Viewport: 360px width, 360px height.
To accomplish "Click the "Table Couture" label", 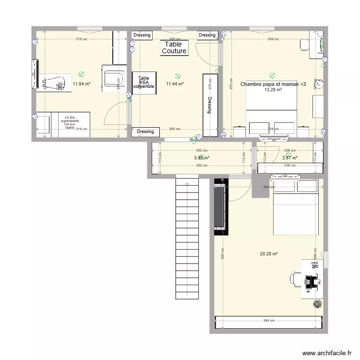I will pyautogui.click(x=174, y=48).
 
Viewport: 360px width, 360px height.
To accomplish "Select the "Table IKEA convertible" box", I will pyautogui.click(x=144, y=83).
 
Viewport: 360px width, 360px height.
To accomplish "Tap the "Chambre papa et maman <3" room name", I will pyautogui.click(x=273, y=84).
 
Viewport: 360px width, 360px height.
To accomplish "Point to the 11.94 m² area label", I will pyautogui.click(x=82, y=84).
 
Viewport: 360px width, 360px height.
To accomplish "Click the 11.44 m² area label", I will pyautogui.click(x=175, y=84).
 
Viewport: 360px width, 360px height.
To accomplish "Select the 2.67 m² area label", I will pyautogui.click(x=289, y=157).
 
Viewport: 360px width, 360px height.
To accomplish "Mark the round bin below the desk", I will pyautogui.click(x=317, y=304).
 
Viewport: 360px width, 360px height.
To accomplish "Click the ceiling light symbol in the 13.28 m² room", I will pyautogui.click(x=273, y=75).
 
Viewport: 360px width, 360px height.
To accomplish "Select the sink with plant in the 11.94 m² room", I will pyautogui.click(x=54, y=83).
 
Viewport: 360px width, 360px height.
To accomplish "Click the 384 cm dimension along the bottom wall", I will pyautogui.click(x=268, y=321).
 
